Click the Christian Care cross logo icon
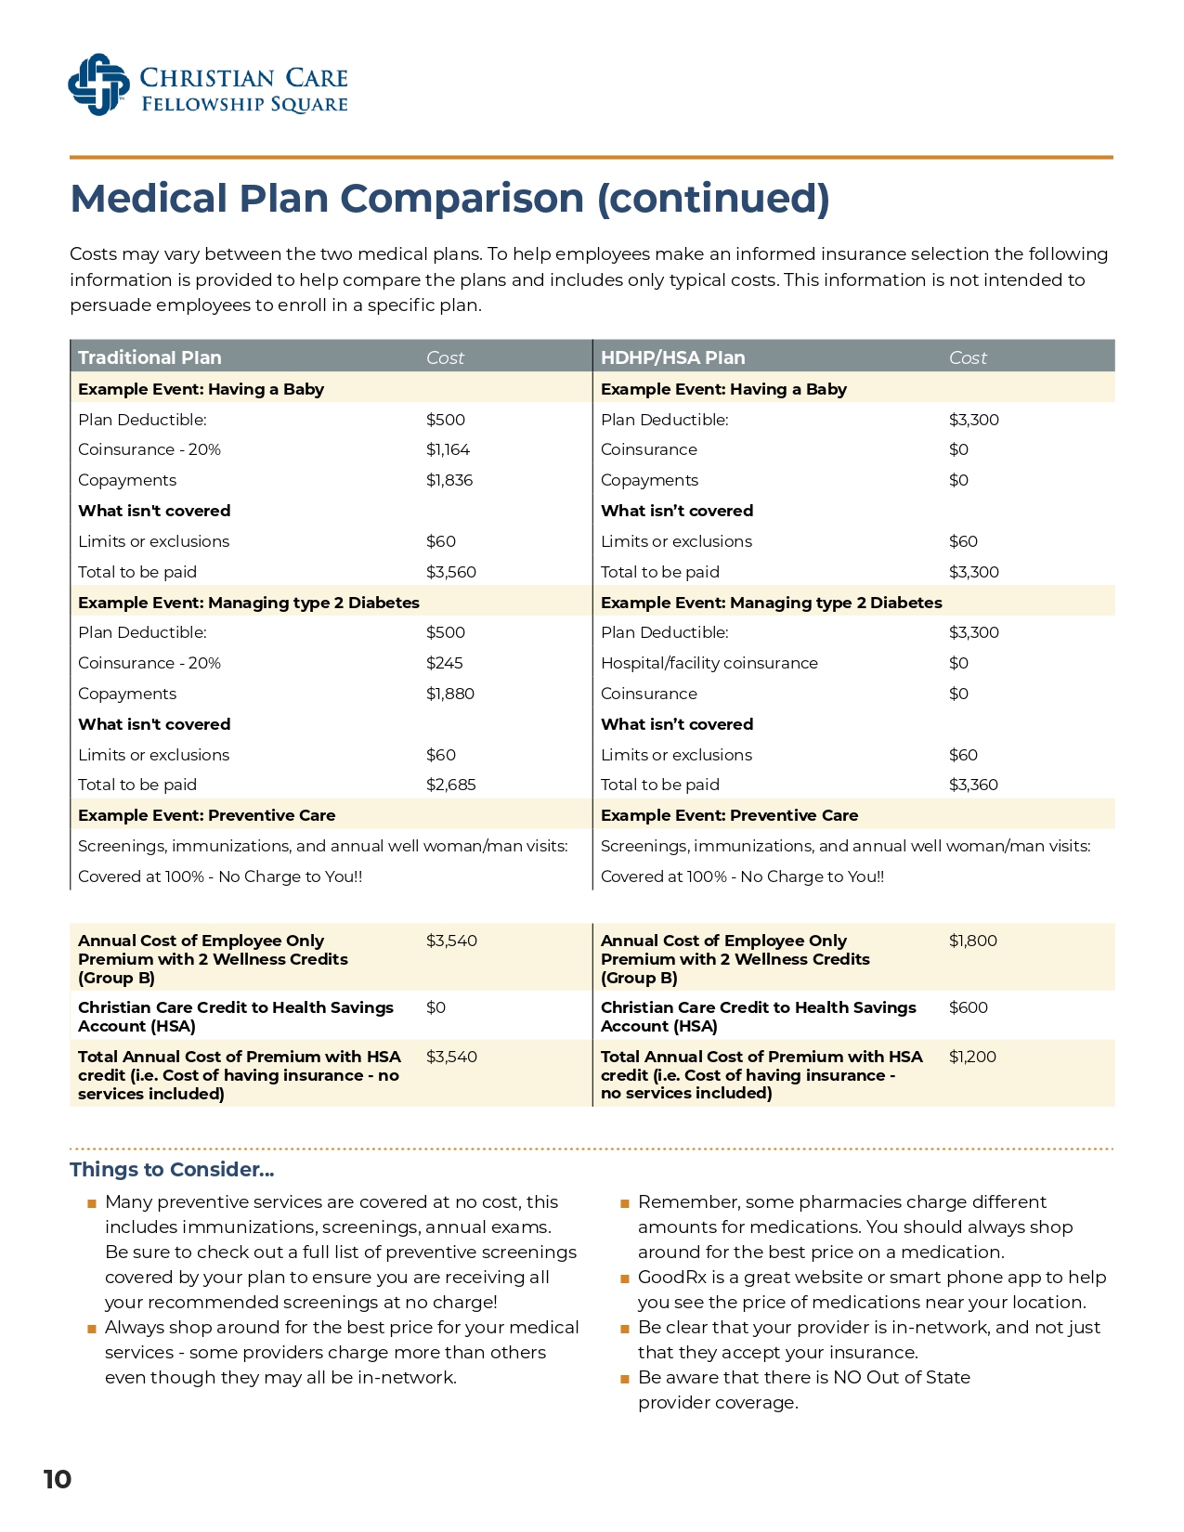tap(98, 84)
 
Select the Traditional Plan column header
tap(150, 357)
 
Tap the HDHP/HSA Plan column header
tap(672, 357)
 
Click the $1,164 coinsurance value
tap(448, 449)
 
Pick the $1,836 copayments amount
tap(449, 480)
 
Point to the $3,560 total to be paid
tap(450, 572)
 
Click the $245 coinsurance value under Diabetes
tap(444, 663)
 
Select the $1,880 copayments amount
tap(449, 694)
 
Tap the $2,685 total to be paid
tap(450, 785)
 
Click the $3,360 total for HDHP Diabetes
tap(973, 785)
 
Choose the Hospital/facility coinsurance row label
tap(709, 663)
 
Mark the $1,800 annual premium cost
tap(972, 941)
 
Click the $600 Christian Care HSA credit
tap(968, 1007)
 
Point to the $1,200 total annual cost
tap(972, 1057)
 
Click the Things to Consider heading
tap(172, 1170)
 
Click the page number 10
tap(58, 1479)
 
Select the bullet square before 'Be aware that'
tap(625, 1379)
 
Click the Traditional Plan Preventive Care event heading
tap(206, 815)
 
